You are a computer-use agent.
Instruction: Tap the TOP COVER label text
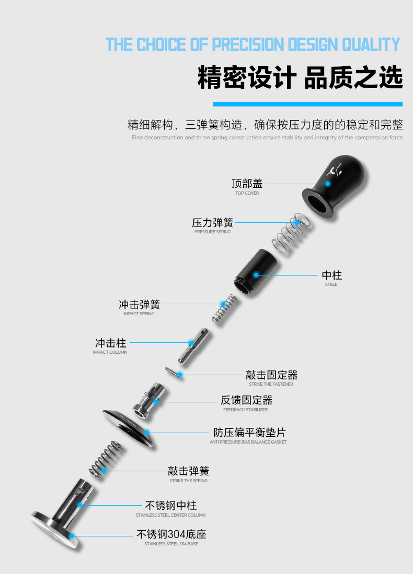(x=247, y=193)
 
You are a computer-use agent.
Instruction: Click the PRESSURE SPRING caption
(x=212, y=232)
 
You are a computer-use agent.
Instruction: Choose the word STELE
(x=331, y=284)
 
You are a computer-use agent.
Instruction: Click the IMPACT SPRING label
(x=139, y=314)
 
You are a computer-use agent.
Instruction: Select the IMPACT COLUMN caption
(x=110, y=352)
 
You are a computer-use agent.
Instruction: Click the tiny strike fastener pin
(x=173, y=372)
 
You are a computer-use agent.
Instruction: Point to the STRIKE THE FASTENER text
(x=271, y=384)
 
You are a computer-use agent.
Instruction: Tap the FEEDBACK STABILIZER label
(x=245, y=410)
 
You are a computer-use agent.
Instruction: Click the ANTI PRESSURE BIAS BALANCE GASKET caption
(x=248, y=442)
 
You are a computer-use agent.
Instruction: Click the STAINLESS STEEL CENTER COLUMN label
(x=170, y=515)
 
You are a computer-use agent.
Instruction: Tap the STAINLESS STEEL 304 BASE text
(x=171, y=544)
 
